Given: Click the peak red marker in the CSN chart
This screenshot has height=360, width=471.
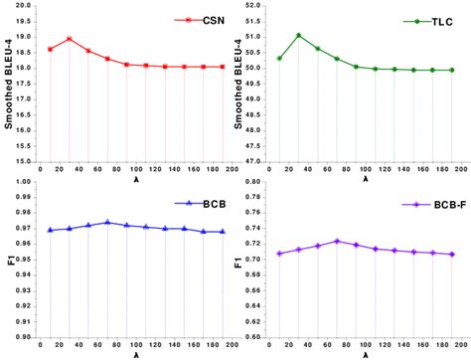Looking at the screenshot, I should pos(70,39).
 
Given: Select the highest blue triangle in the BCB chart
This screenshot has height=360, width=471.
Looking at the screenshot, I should pos(107,222).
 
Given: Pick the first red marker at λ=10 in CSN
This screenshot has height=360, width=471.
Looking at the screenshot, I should pos(50,49).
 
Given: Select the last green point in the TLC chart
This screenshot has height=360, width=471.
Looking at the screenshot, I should pos(452,70).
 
